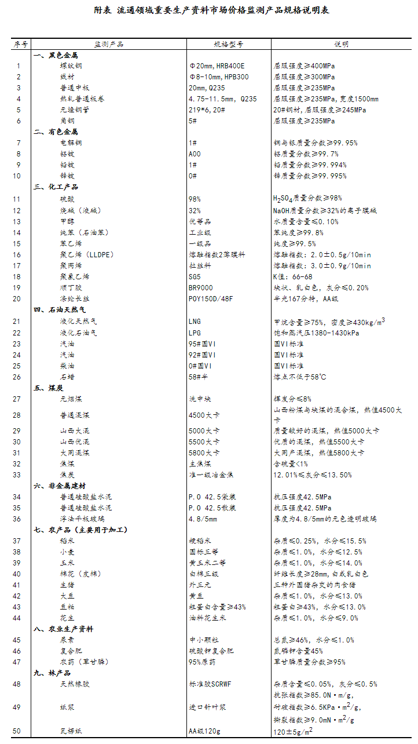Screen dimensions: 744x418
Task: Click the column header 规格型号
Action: [228, 44]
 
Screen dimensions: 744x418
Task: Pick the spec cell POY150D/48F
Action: [210, 299]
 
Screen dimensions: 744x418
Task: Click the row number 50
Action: [17, 731]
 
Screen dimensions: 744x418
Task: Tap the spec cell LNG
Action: [195, 321]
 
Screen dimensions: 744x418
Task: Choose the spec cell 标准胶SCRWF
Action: [210, 684]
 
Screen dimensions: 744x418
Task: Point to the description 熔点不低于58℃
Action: [300, 377]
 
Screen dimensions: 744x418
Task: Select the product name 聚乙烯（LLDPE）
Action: [86, 255]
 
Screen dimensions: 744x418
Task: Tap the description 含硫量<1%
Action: [291, 464]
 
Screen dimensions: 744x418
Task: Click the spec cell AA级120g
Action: [205, 731]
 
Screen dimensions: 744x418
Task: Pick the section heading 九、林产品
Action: [52, 673]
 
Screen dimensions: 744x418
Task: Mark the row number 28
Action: [17, 415]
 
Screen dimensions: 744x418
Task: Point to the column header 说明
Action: [341, 44]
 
